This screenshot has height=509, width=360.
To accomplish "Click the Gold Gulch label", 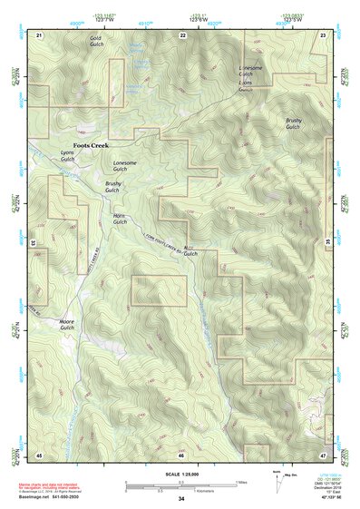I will (96, 42).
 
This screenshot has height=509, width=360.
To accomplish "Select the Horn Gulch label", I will (119, 220).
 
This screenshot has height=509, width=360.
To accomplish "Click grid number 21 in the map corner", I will (39, 34).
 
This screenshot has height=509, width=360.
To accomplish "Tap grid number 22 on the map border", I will (182, 34).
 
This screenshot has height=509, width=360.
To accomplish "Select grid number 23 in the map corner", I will (324, 34).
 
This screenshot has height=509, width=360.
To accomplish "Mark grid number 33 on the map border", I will (34, 243).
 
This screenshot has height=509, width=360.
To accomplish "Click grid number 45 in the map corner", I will (39, 454).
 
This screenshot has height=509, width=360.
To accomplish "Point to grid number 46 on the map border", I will (182, 455).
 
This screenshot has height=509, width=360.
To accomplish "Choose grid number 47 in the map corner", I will (324, 454).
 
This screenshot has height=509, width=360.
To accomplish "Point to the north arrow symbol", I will (279, 480).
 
